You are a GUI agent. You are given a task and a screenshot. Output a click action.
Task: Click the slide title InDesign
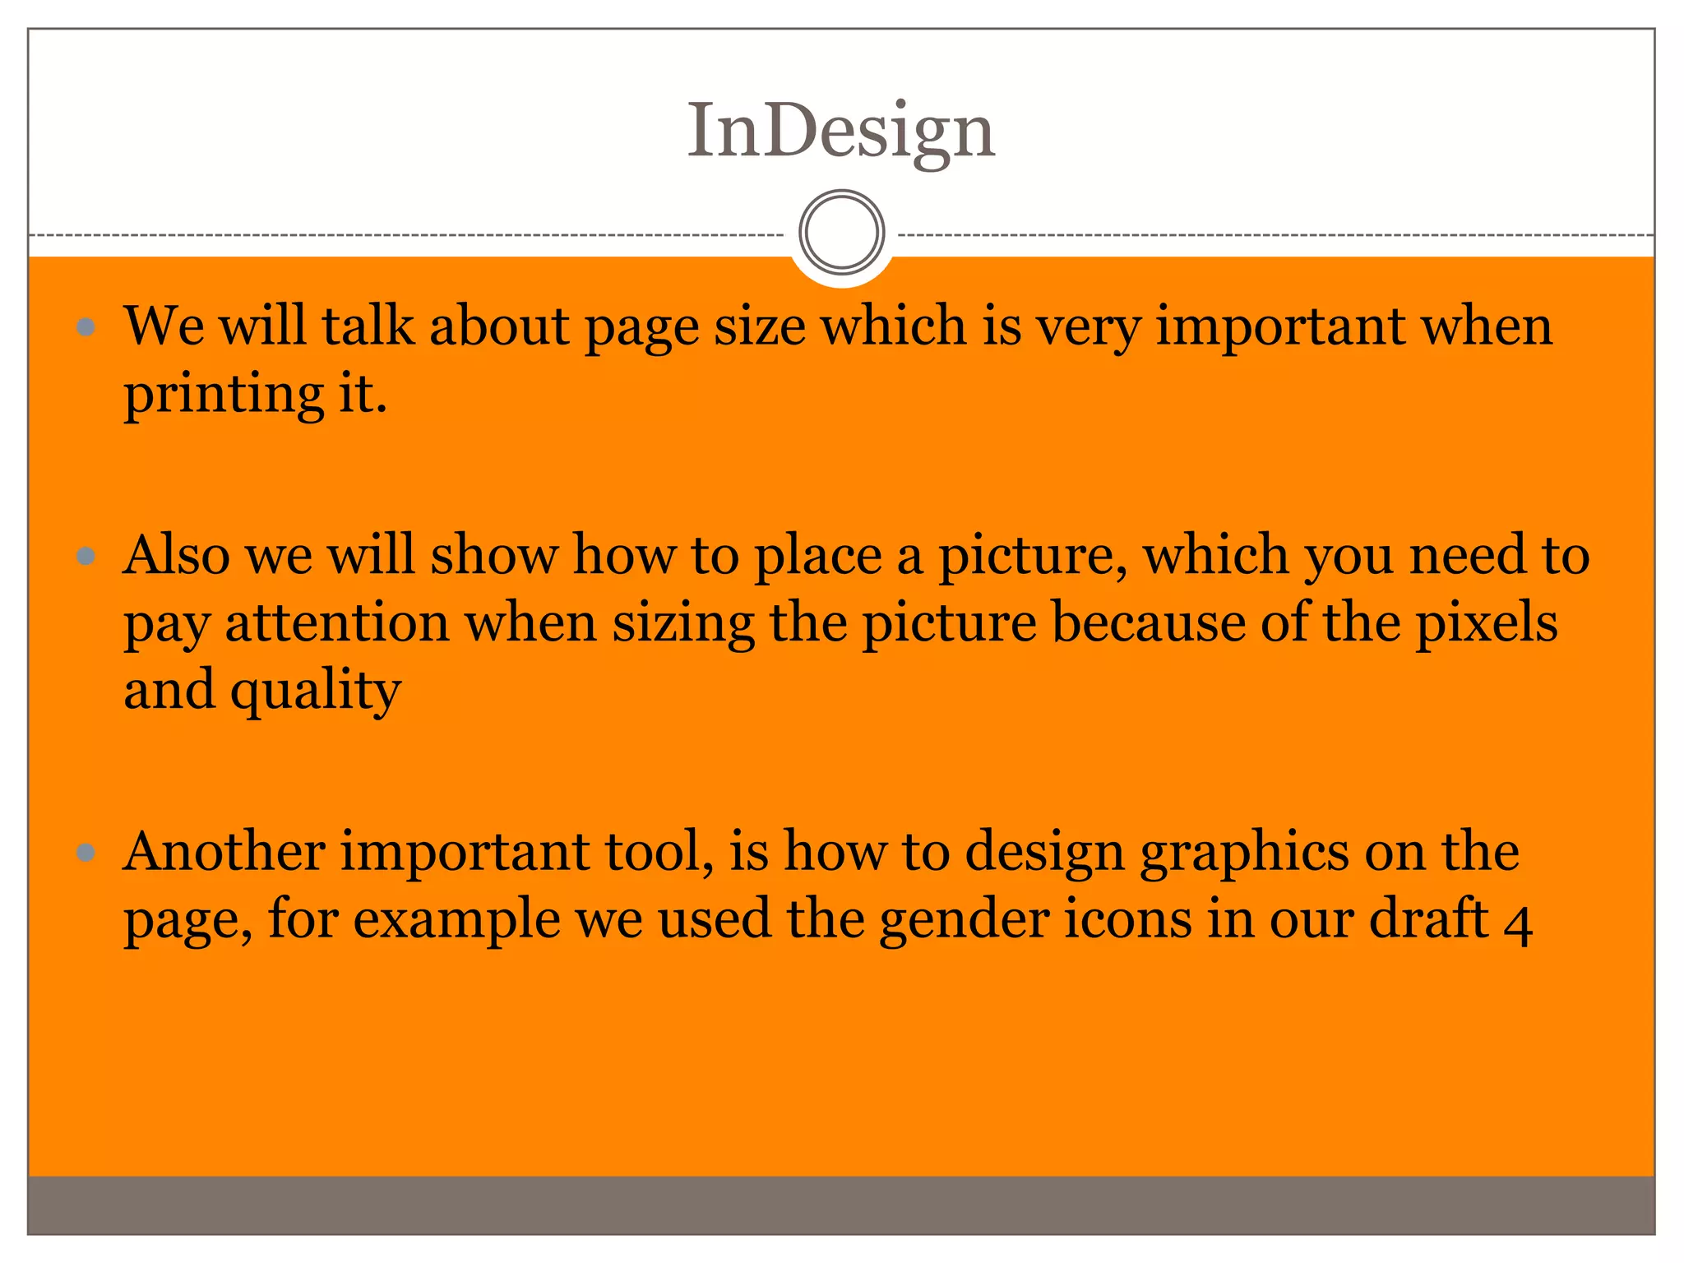pyautogui.click(x=841, y=132)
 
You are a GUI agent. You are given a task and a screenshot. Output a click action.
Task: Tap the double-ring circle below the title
pyautogui.click(x=841, y=232)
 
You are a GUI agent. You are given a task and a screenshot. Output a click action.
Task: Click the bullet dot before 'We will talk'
pyautogui.click(x=86, y=328)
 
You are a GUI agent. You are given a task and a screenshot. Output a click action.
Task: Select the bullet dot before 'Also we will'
pyautogui.click(x=86, y=557)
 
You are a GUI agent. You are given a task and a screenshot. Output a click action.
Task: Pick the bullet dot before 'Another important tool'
pyautogui.click(x=86, y=853)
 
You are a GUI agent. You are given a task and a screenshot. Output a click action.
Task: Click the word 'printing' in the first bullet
pyautogui.click(x=224, y=395)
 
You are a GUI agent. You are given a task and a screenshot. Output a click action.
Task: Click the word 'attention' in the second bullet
pyautogui.click(x=336, y=622)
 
